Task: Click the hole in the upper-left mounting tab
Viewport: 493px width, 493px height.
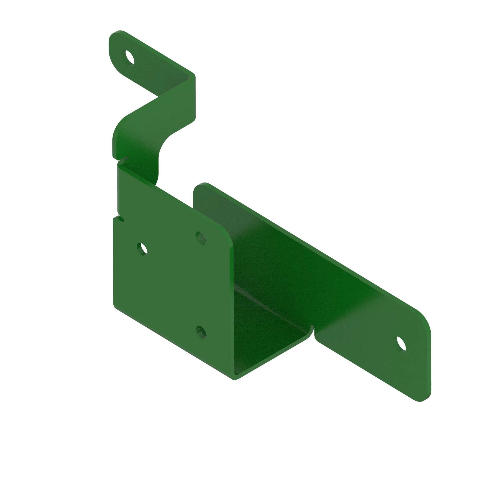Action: tap(129, 57)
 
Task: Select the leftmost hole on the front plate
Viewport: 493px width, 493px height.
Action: tap(142, 249)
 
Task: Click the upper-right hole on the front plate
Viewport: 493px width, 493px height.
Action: tap(201, 238)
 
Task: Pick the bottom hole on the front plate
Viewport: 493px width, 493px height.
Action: tap(201, 332)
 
